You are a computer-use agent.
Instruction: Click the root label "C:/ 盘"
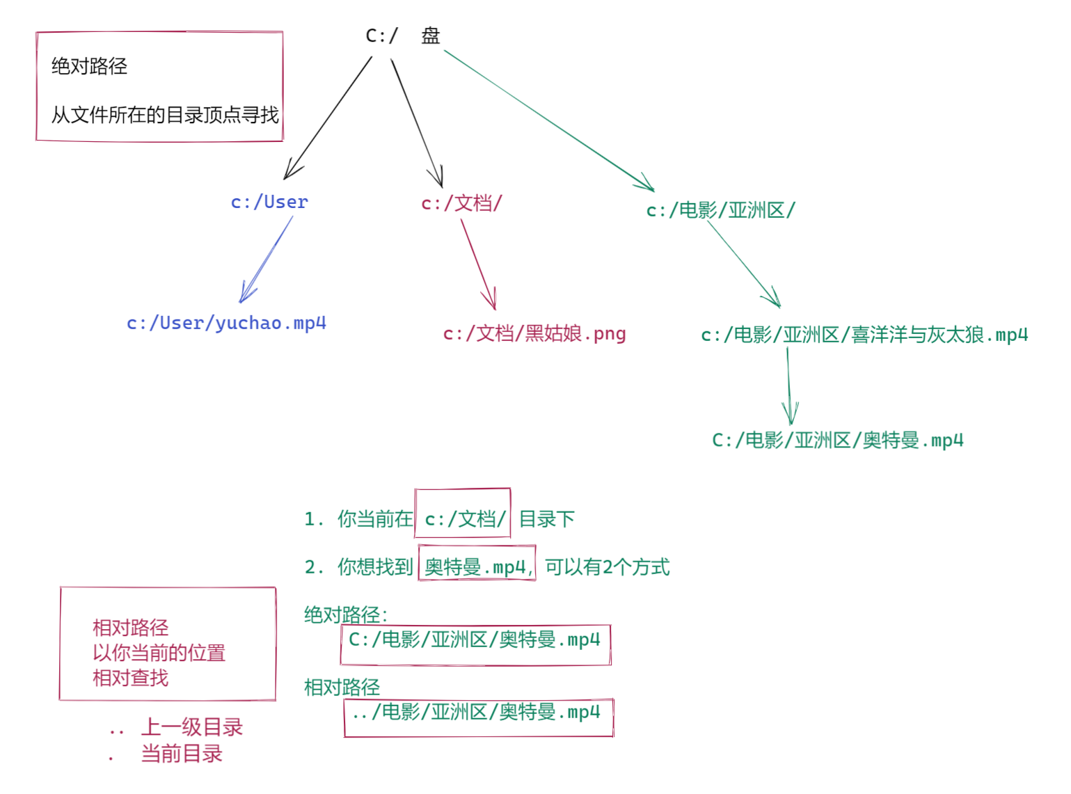[402, 35]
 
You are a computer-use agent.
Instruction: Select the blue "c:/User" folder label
[269, 202]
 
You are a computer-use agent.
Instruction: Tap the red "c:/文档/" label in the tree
[461, 203]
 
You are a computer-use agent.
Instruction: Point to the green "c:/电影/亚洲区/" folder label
[720, 210]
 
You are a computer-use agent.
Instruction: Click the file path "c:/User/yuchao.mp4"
[226, 323]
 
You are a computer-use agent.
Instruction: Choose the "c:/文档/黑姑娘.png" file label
[534, 334]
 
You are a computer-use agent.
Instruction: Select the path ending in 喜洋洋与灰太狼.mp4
[864, 335]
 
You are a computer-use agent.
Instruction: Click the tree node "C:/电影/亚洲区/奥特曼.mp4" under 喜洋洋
[837, 440]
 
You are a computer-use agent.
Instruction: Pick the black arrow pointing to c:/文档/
[417, 122]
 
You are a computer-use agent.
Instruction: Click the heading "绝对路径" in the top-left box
[89, 66]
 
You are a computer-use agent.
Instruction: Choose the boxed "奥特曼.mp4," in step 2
[477, 567]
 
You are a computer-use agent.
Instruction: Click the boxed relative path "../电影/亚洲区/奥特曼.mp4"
[478, 713]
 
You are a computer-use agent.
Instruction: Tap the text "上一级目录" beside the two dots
[191, 727]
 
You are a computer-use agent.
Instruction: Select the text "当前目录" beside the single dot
[181, 754]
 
